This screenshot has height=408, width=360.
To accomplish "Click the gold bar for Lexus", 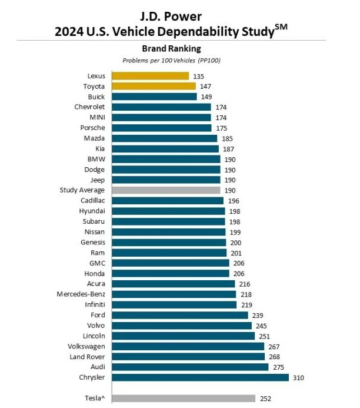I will pos(150,76).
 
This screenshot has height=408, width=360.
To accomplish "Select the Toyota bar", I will pos(154,86).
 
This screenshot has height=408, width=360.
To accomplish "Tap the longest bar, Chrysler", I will pos(199,377).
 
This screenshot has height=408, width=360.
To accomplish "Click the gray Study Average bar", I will pos(165,190).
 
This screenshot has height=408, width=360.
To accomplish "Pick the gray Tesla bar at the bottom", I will pos(183,398).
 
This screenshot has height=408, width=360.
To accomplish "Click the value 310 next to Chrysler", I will pos(298,377).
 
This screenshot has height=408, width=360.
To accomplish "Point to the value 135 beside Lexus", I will pos(198,76).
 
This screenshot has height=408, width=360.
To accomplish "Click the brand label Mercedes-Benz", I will pos(81,294).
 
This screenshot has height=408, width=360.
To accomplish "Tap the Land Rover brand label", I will pos(88,356).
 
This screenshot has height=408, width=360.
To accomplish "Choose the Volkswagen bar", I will pos(188,346).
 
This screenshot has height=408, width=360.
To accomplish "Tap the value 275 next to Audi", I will pos(278,367).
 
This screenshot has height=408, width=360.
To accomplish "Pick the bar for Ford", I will pos(179,315).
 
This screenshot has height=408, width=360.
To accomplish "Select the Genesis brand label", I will pos(93,242).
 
